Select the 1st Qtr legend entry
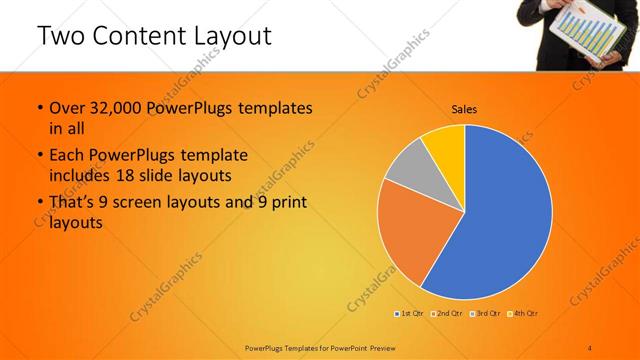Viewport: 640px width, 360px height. [x=409, y=314]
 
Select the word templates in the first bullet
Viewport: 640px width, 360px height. [x=276, y=108]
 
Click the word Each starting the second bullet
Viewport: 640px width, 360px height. [x=68, y=156]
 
